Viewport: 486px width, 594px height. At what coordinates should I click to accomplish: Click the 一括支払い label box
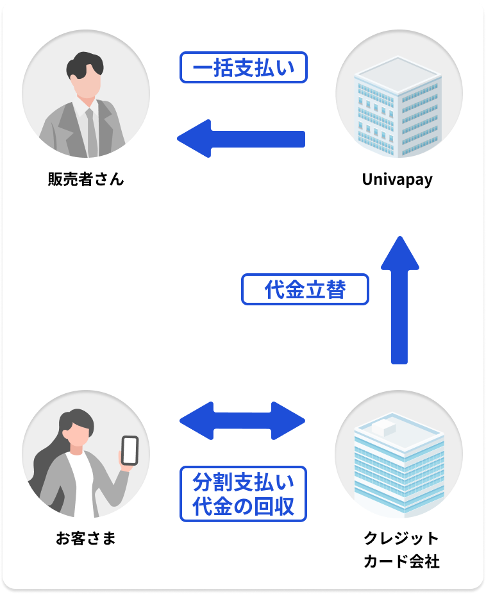[x=244, y=67]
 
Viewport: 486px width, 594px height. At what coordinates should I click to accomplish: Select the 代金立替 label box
[x=305, y=290]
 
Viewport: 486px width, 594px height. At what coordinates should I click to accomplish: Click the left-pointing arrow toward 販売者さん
[x=240, y=139]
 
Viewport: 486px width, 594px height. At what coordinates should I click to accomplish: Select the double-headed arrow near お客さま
[x=242, y=421]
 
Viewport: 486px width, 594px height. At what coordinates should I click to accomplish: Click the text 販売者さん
[x=85, y=180]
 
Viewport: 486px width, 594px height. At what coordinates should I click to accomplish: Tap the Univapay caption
[x=398, y=180]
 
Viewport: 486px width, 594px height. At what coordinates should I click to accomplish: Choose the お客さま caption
[x=85, y=539]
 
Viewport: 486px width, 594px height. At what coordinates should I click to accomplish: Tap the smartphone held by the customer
[x=130, y=450]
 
